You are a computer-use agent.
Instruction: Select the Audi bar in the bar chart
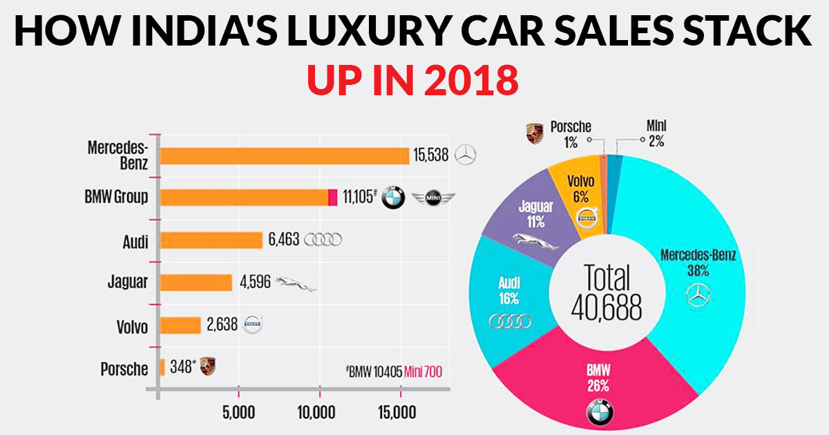tap(211, 240)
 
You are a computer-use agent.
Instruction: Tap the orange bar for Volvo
tap(180, 325)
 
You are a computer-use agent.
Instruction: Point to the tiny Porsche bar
tap(162, 367)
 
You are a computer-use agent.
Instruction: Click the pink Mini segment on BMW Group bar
tap(333, 197)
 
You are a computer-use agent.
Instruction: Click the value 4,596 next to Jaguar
tap(254, 282)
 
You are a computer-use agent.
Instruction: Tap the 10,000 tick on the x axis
tap(318, 413)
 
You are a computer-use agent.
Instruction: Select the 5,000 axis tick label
tap(238, 413)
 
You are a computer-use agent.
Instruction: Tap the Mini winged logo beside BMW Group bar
tap(434, 199)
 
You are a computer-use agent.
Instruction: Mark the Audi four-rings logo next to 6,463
tap(323, 240)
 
